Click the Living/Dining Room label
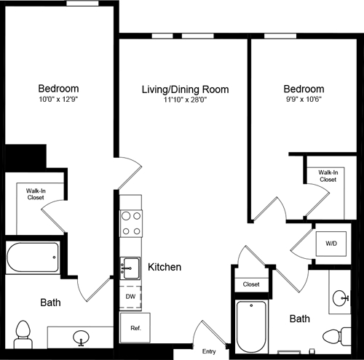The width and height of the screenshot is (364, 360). [185, 89]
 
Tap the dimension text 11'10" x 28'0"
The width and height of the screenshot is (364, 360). [185, 101]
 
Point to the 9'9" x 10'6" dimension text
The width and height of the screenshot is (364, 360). [304, 101]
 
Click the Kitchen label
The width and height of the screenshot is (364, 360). [164, 267]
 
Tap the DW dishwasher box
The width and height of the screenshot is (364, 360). [130, 297]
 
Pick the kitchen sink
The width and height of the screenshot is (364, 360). [130, 266]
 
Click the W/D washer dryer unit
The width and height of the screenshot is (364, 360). [331, 244]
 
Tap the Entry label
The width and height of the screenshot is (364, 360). [209, 351]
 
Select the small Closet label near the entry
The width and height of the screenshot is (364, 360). [251, 284]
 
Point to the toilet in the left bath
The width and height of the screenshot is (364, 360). [23, 333]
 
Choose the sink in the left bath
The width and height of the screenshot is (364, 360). [82, 337]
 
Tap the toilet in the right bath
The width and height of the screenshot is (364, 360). [336, 336]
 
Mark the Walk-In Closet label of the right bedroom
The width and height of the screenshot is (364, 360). [328, 175]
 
